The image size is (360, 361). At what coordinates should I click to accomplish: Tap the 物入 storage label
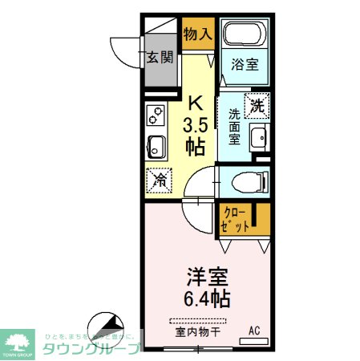click(196, 34)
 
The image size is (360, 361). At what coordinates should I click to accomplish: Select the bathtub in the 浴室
click(245, 35)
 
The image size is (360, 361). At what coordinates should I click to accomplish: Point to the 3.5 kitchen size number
click(195, 126)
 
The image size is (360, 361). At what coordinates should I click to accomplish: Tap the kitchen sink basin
click(156, 147)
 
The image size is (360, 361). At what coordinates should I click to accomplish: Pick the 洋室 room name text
click(206, 278)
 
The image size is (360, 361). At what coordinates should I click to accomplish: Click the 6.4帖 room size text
click(206, 300)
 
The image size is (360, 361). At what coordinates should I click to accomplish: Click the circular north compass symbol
click(103, 327)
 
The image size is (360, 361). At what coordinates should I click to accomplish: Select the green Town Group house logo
click(20, 340)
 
